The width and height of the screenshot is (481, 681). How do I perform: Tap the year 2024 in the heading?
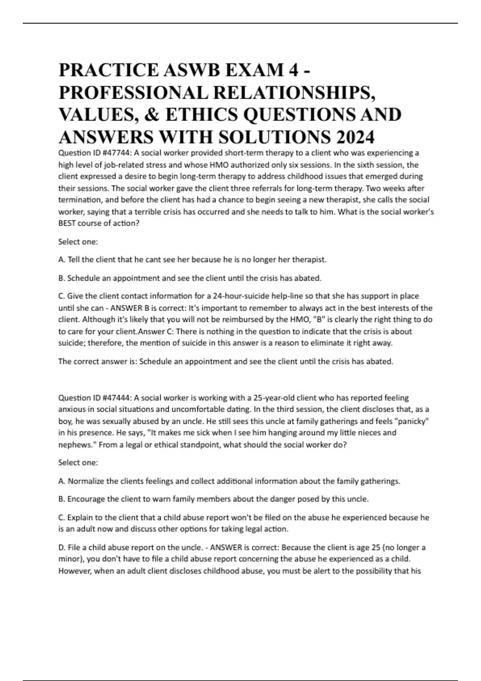point(355,137)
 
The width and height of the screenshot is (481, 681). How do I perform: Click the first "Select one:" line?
point(78,242)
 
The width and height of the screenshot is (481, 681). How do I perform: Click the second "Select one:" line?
point(78,462)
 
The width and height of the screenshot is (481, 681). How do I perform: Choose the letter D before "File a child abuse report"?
point(62,547)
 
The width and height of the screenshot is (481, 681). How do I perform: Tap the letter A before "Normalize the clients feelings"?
point(62,481)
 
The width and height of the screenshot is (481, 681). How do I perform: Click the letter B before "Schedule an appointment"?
point(62,278)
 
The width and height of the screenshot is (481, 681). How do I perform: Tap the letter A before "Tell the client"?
point(62,260)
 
